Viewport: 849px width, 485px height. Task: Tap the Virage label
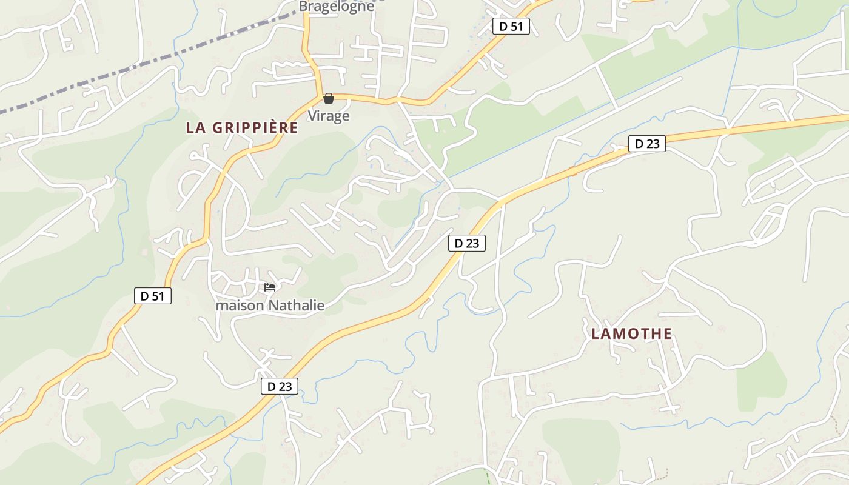point(329,115)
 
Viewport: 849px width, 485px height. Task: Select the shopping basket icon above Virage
point(329,98)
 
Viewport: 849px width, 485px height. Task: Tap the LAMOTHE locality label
point(631,333)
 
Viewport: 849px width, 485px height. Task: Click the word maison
point(240,306)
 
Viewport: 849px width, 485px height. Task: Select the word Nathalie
point(296,306)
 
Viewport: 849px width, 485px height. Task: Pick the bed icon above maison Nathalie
point(270,287)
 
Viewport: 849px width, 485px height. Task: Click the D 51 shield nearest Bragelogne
point(511,26)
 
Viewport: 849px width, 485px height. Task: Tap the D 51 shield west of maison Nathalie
point(152,296)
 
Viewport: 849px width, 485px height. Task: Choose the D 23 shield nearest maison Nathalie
point(280,386)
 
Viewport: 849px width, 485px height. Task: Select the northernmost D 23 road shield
point(646,144)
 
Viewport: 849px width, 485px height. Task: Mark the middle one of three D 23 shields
point(466,243)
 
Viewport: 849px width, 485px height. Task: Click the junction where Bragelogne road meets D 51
point(319,96)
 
